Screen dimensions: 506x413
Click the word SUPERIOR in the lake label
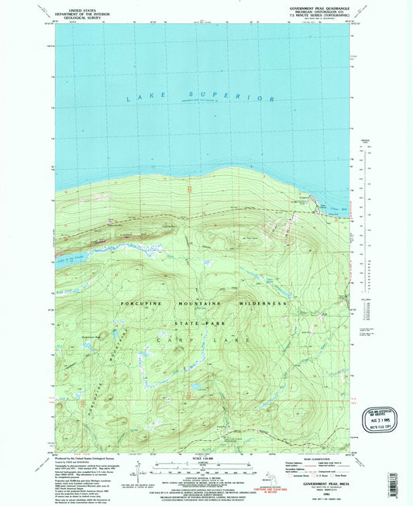pyautogui.click(x=246, y=99)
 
